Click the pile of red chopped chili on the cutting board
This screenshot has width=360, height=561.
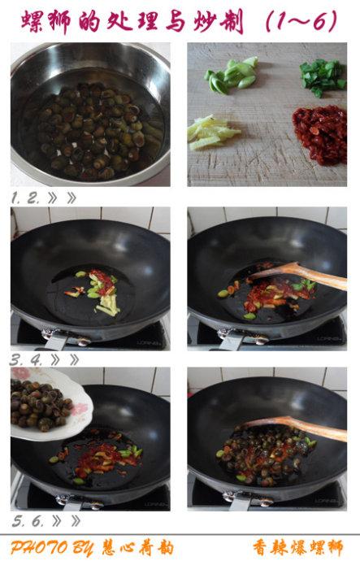[320, 134]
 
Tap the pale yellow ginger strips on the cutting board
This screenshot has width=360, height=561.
[212, 133]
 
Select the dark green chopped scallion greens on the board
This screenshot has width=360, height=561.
[323, 77]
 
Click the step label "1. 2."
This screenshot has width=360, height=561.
[24, 198]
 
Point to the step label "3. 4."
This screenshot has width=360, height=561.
[26, 359]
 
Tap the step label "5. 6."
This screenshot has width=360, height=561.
[27, 521]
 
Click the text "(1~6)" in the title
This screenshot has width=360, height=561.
[301, 21]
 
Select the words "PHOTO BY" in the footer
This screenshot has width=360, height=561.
[52, 547]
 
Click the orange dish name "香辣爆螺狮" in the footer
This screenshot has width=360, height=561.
[297, 547]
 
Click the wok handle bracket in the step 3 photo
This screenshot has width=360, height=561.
[66, 338]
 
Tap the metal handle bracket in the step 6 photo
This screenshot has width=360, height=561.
[247, 498]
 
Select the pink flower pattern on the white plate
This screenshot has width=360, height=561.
[83, 409]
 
